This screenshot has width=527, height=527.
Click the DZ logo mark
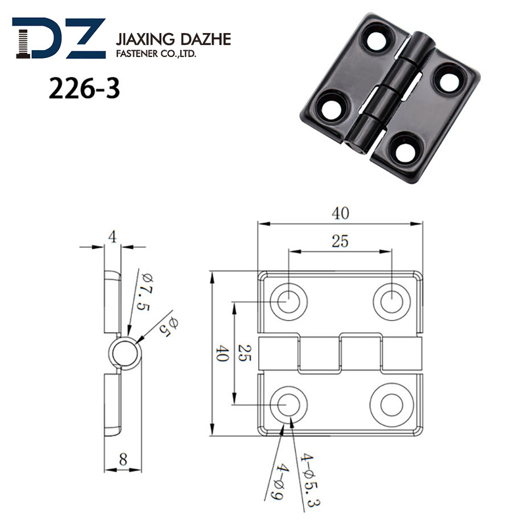(59, 38)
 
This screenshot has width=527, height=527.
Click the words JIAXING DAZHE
(173, 40)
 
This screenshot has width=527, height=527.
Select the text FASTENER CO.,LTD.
(156, 54)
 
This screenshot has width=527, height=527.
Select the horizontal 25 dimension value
(340, 241)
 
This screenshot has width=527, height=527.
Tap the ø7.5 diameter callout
(145, 291)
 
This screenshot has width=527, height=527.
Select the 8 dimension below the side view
(123, 459)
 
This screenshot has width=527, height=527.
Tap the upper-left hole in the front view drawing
(288, 300)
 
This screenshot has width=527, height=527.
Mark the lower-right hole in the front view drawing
(391, 405)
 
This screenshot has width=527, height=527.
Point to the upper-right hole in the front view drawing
(391, 300)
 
